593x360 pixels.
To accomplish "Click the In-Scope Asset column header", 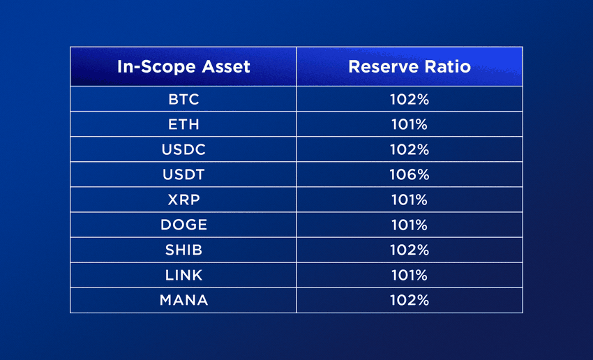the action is (x=183, y=67).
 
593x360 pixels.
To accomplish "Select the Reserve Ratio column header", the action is (x=410, y=67).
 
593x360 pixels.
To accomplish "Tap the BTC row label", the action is (x=183, y=100).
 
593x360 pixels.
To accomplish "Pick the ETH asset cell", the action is (x=183, y=124).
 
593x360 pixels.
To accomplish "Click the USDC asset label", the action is (x=183, y=150).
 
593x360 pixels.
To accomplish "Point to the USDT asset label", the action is (x=183, y=174).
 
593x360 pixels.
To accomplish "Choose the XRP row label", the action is (x=183, y=200).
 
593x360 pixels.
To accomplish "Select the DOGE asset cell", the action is (x=183, y=225).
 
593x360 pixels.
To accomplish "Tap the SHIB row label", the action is (x=183, y=250).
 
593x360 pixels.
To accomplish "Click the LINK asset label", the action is (x=183, y=276).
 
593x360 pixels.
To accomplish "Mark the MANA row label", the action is (x=183, y=300).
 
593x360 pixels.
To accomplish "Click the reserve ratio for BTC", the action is (x=410, y=100).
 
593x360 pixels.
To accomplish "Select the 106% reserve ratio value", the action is (x=410, y=174).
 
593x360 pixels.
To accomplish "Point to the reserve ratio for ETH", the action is (x=410, y=124).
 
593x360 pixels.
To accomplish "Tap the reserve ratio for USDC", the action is (x=410, y=150).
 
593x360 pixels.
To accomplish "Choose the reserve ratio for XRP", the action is (x=410, y=200).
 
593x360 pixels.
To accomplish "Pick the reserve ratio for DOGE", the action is (x=410, y=225).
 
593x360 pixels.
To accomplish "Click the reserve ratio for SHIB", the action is (x=410, y=250).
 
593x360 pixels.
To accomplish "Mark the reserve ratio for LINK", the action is (x=410, y=276).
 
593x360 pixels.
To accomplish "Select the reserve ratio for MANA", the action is (x=410, y=300).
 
